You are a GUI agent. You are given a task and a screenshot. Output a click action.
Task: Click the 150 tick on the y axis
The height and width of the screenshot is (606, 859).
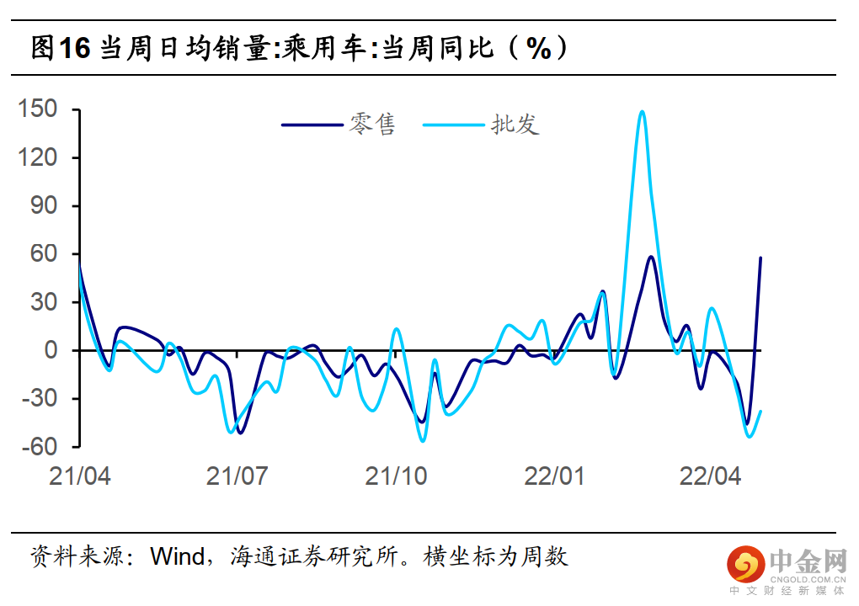(x=40, y=109)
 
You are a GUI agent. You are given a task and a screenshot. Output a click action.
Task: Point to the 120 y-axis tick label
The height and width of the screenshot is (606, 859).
(x=40, y=157)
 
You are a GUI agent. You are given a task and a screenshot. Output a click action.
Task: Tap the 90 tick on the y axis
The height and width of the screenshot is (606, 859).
(x=45, y=205)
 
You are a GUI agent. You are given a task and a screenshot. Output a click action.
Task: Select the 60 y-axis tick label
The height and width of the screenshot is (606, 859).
(x=45, y=253)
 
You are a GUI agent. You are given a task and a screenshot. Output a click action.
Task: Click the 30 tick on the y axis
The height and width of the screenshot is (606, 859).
(x=45, y=301)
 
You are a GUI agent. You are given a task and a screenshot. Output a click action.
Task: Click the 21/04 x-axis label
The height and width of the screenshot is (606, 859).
(x=80, y=476)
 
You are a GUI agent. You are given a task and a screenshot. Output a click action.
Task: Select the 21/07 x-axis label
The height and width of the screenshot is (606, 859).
(x=237, y=476)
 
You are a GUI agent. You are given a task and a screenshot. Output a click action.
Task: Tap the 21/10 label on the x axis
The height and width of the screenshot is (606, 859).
(x=396, y=476)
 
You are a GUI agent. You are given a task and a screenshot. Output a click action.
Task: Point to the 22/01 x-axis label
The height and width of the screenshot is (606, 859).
(x=554, y=476)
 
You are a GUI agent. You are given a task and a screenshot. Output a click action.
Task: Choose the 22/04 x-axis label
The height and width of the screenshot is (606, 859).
(x=711, y=476)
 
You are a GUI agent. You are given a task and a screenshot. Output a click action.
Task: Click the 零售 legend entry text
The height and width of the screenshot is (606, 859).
(x=372, y=125)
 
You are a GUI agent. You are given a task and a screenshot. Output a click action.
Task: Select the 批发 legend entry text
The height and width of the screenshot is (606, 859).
(x=515, y=125)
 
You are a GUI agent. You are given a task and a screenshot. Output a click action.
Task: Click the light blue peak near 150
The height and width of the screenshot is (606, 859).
(x=642, y=111)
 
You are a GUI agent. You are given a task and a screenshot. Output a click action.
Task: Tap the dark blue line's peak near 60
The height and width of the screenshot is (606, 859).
(x=651, y=257)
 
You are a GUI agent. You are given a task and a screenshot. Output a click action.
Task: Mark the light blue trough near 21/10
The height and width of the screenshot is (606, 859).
(x=423, y=440)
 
